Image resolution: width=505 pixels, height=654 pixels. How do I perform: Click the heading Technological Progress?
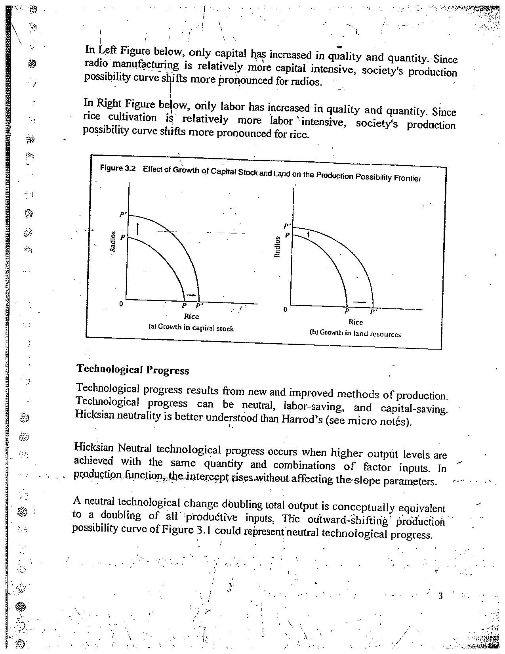point(133,369)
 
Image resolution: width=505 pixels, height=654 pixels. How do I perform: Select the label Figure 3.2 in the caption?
point(118,168)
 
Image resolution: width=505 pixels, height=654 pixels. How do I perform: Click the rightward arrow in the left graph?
point(191,295)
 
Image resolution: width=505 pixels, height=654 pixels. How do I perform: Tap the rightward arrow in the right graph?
point(360,302)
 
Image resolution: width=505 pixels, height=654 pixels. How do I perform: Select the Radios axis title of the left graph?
point(113,241)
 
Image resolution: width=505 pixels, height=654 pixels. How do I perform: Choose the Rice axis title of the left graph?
point(191,316)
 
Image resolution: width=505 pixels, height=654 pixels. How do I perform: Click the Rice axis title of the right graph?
point(356,322)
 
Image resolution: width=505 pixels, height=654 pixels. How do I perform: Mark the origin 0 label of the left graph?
point(121,304)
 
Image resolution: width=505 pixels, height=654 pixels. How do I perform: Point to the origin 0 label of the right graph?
point(285,309)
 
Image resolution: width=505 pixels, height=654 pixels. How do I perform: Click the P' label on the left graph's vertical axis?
point(123,215)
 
